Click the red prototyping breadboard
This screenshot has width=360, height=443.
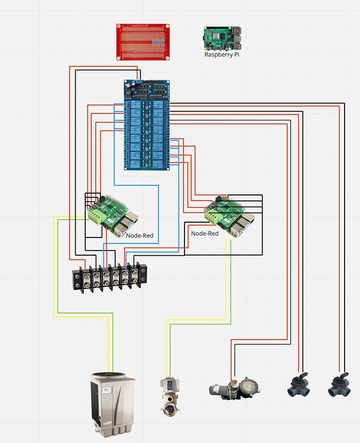pyautogui.click(x=143, y=41)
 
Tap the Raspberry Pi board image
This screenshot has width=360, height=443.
pyautogui.click(x=223, y=38)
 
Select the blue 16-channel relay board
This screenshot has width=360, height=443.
pyautogui.click(x=147, y=125)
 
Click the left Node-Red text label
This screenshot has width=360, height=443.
pyautogui.click(x=140, y=235)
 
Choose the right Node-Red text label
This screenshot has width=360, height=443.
pyautogui.click(x=205, y=233)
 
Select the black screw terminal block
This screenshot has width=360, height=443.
pyautogui.click(x=109, y=278)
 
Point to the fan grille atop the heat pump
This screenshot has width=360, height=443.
pyautogui.click(x=112, y=376)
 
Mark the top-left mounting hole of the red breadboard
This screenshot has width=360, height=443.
pyautogui.click(x=119, y=27)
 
